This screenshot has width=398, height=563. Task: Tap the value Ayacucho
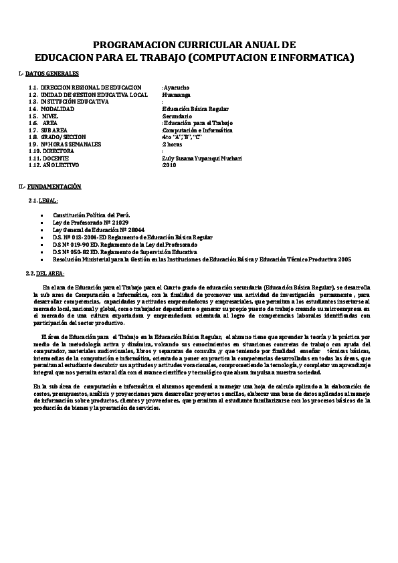177,88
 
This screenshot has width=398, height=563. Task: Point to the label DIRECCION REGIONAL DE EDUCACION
90,88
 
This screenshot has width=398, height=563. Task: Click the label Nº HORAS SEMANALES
70,144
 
